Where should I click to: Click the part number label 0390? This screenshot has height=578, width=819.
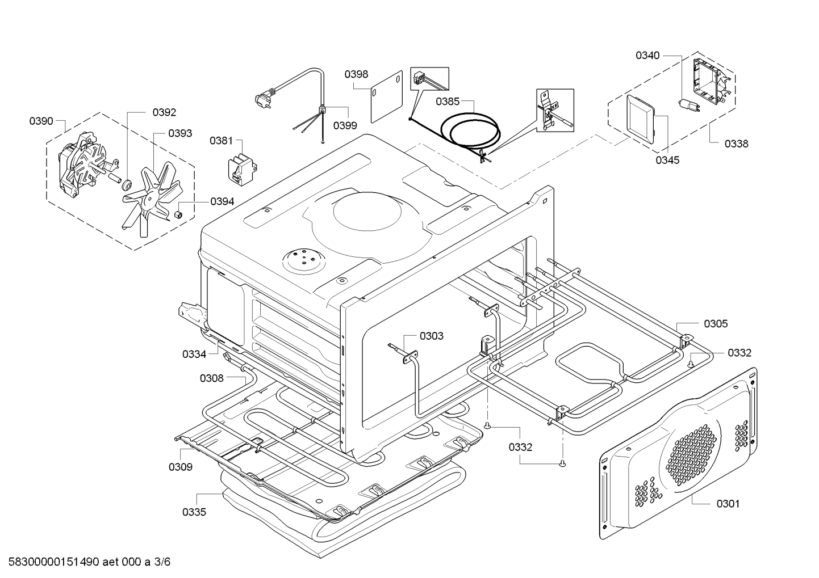click(41, 121)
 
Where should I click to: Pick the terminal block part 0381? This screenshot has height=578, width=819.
click(241, 168)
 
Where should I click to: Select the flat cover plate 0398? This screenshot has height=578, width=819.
click(387, 96)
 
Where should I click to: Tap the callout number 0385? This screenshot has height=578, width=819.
click(448, 102)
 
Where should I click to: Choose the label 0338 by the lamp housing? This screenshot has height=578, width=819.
click(736, 144)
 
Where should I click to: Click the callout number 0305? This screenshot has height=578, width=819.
click(716, 324)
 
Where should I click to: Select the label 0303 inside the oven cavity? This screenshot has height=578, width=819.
click(432, 336)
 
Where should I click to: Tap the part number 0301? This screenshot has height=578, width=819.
click(728, 503)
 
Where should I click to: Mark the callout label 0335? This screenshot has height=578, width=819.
click(194, 512)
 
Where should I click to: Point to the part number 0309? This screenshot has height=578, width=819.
click(180, 467)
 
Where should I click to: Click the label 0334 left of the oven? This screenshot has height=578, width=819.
click(194, 355)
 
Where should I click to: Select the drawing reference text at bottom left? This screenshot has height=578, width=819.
click(86, 562)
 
